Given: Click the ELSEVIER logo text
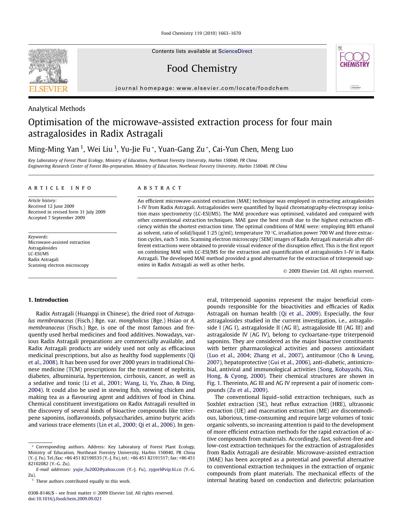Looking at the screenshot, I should [x=49, y=89].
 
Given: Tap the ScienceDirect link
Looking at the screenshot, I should [x=235, y=51].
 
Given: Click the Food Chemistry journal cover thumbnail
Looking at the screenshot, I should [x=355, y=68].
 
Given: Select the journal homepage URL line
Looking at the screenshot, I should [x=202, y=88].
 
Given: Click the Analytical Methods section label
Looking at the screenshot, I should [x=56, y=109].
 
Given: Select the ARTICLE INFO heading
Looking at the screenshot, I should [x=60, y=188].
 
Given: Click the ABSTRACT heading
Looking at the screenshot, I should [x=160, y=188].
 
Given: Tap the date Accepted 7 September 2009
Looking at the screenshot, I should [x=56, y=218].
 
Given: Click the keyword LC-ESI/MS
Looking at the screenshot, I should [x=38, y=254].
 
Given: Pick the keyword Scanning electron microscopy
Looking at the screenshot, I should [x=58, y=265].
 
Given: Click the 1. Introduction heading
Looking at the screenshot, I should [x=48, y=300].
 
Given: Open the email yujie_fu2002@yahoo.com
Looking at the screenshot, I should [x=99, y=469].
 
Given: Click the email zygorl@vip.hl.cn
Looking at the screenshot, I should [x=165, y=469].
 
